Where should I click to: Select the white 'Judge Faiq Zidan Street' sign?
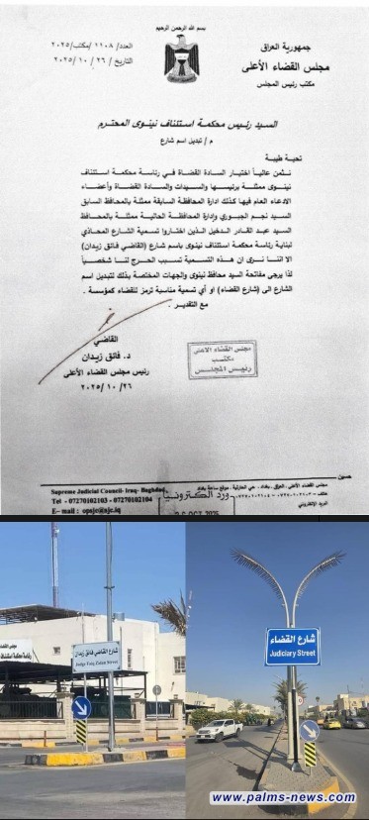click(x=96, y=656)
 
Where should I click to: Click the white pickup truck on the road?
click(x=219, y=730)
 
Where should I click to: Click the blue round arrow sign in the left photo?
click(x=81, y=707)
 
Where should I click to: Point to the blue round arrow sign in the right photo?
click(x=309, y=730)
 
